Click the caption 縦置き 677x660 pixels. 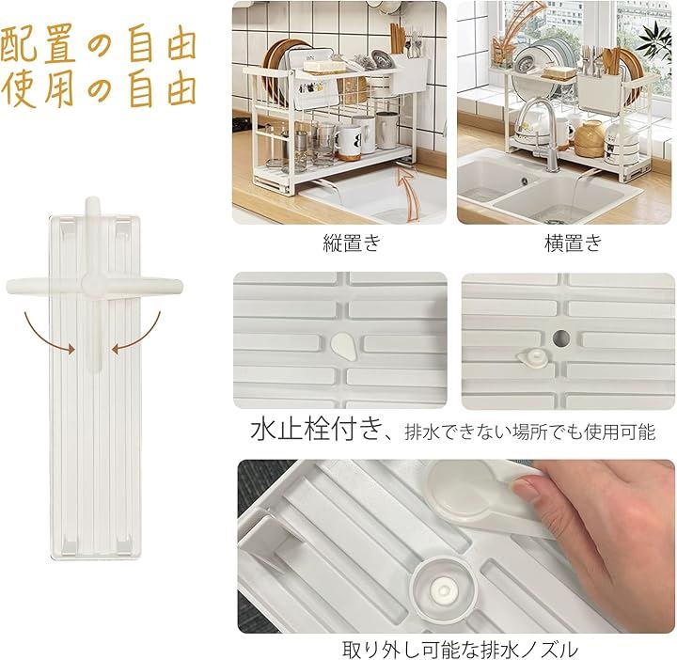pyautogui.click(x=352, y=243)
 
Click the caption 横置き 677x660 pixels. pyautogui.click(x=573, y=243)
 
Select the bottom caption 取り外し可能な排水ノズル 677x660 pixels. pyautogui.click(x=460, y=649)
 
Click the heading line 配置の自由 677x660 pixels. pyautogui.click(x=99, y=43)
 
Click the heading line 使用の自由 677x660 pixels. pyautogui.click(x=99, y=89)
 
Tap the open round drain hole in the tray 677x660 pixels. pyautogui.click(x=560, y=338)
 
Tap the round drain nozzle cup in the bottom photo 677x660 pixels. pyautogui.click(x=444, y=589)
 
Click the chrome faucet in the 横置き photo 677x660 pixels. pyautogui.click(x=542, y=134)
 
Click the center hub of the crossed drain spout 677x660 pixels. pyautogui.click(x=92, y=285)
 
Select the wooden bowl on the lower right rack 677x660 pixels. pyautogui.click(x=589, y=139)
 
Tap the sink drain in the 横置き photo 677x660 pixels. pyautogui.click(x=525, y=181)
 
